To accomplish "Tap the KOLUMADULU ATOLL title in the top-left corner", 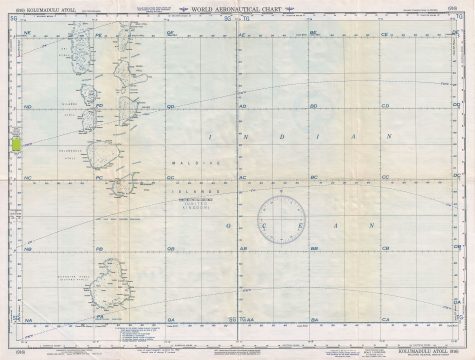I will [x=37, y=9].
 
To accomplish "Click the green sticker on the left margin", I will [x=14, y=145].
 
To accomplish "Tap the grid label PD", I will [x=100, y=106].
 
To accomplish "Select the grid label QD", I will [x=172, y=106].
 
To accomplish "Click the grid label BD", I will [x=314, y=106].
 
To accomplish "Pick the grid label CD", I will [x=386, y=106].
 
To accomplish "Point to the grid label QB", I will [x=172, y=248].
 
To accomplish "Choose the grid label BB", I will [x=314, y=248].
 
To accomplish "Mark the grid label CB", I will [x=386, y=248].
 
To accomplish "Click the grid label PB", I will [x=100, y=248].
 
